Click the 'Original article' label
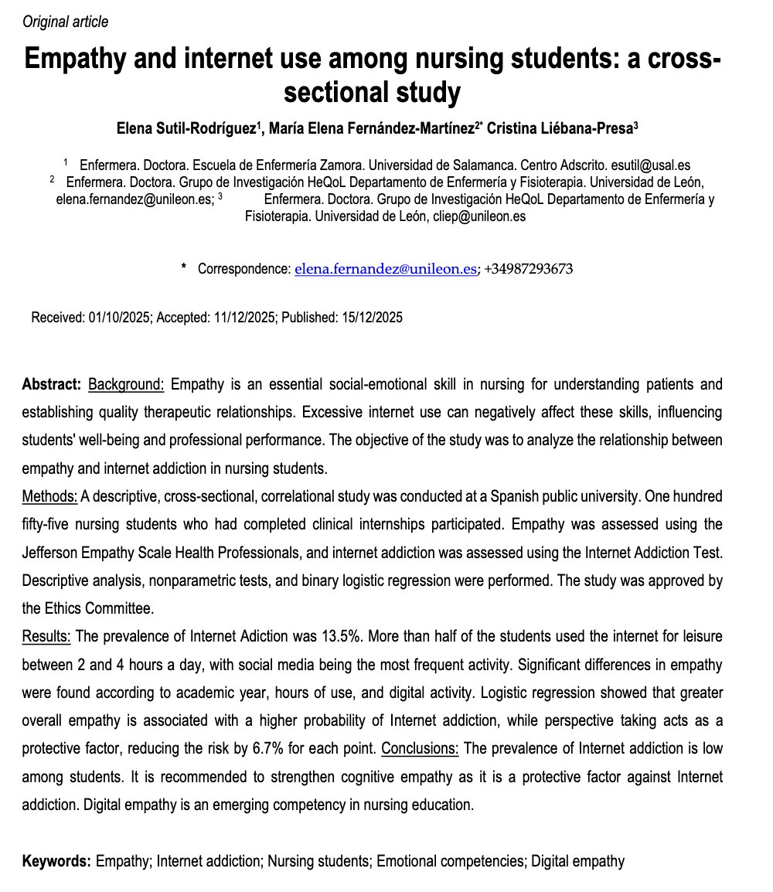(x=66, y=22)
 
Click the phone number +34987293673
(x=530, y=269)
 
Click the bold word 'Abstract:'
(x=52, y=384)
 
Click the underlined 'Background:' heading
(x=127, y=384)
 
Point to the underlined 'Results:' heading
(x=46, y=636)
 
